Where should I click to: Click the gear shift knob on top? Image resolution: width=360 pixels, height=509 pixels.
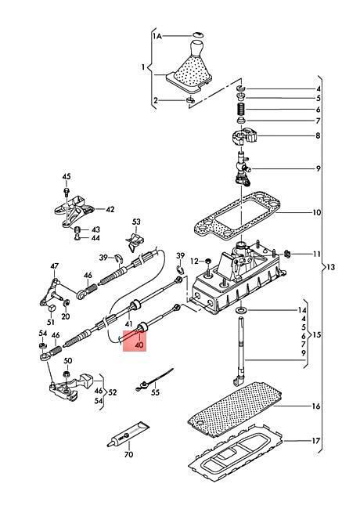196,48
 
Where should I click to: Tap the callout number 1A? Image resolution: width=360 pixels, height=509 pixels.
157,36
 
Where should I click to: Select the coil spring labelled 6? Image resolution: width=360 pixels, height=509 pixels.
240,109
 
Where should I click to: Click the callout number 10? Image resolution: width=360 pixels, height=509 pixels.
316,213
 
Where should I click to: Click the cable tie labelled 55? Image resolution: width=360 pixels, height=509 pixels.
153,380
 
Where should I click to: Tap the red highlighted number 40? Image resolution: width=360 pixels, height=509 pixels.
139,345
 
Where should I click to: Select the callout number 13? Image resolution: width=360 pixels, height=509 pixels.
331,267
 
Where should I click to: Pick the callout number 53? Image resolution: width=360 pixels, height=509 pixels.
136,222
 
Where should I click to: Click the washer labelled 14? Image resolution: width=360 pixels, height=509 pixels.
241,310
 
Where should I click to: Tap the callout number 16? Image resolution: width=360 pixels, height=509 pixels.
316,406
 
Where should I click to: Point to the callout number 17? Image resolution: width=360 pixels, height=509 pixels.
316,441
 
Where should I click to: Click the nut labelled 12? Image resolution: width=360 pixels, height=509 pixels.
207,261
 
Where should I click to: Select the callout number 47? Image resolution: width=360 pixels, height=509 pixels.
55,266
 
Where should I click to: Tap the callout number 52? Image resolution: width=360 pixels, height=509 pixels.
112,392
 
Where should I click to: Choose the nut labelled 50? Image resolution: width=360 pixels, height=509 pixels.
67,374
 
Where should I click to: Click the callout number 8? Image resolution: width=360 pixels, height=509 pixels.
319,135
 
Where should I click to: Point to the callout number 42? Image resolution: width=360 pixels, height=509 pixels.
110,209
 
